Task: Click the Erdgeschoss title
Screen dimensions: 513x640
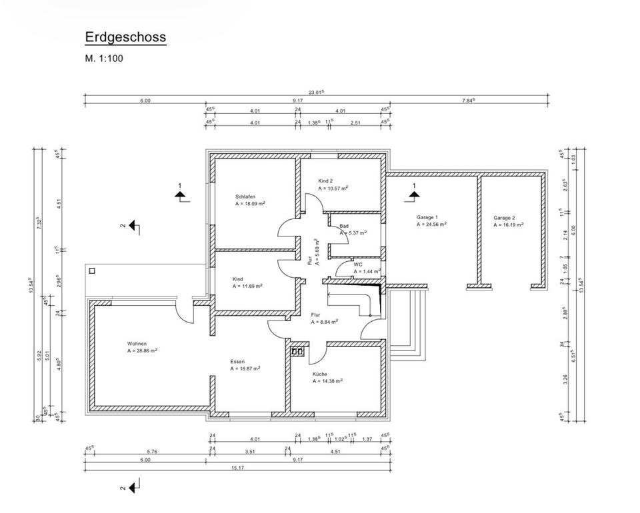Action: point(125,37)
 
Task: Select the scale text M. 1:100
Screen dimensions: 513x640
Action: point(104,59)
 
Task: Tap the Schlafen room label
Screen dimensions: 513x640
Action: point(245,197)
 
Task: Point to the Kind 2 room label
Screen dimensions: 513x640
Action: point(325,181)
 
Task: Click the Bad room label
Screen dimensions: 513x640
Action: point(344,226)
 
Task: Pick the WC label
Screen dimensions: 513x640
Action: point(358,264)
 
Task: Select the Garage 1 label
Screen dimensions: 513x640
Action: point(427,217)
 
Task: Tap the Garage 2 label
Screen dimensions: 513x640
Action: point(504,217)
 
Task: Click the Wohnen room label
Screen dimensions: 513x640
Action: point(137,344)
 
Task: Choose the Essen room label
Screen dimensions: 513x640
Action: point(237,362)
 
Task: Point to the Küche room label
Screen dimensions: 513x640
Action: point(320,374)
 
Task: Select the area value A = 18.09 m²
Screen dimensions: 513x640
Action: point(251,205)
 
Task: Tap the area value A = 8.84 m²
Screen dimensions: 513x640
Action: point(325,321)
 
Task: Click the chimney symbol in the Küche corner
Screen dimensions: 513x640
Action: point(297,350)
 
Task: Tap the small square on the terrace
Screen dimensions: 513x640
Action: point(92,271)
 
